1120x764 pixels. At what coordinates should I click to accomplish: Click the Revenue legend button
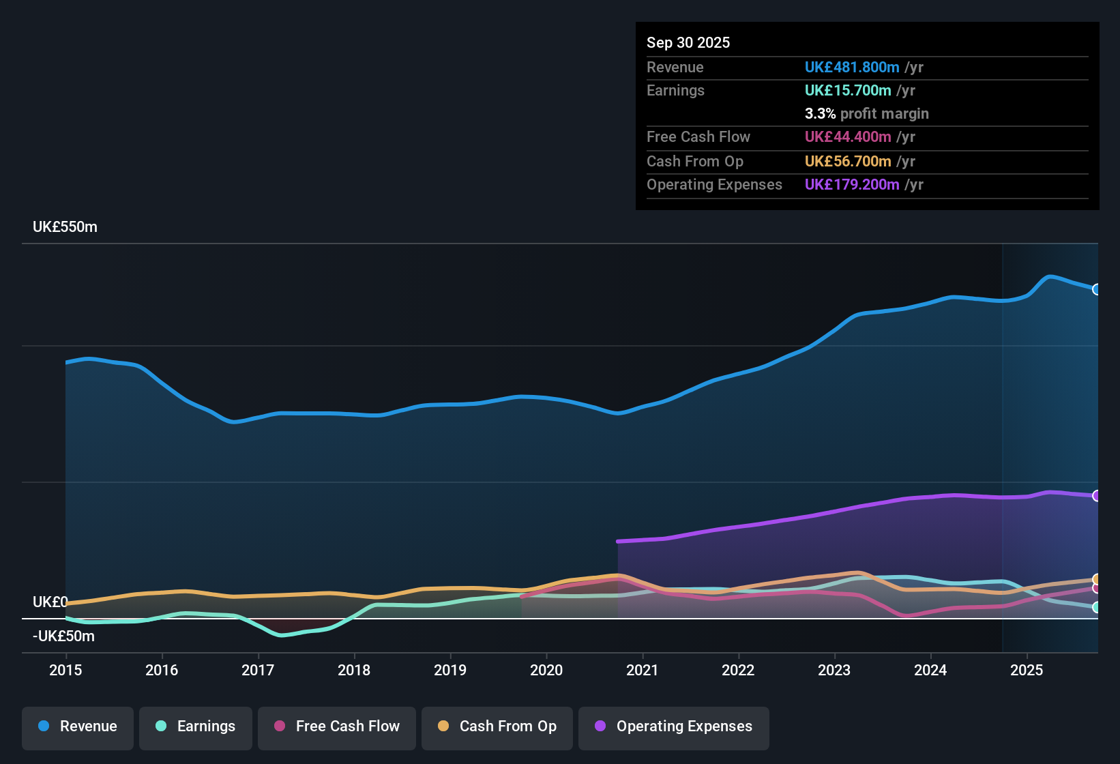tap(78, 726)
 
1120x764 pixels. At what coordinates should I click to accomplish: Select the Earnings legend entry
tap(196, 726)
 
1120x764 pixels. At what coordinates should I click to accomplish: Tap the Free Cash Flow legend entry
tap(337, 726)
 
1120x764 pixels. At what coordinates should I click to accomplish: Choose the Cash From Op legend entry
tap(497, 726)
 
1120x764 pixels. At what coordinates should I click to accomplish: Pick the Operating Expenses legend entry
tap(673, 726)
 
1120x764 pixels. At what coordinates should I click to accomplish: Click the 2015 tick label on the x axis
tap(65, 671)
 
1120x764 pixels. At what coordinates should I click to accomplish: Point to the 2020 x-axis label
tap(546, 671)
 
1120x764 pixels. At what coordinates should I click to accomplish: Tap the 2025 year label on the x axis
tap(1027, 671)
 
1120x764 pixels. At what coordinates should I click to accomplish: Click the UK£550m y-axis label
tap(65, 227)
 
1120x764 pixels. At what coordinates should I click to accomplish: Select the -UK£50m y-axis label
tap(63, 636)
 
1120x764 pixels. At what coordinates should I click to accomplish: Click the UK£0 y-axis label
tap(50, 602)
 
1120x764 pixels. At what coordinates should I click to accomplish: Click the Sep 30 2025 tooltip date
tap(688, 43)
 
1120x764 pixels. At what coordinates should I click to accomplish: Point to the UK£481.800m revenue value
tap(851, 68)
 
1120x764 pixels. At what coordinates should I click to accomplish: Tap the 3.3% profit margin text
tap(866, 114)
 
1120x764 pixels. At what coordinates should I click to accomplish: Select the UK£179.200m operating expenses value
tap(851, 185)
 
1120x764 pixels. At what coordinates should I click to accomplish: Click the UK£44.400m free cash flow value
tap(847, 137)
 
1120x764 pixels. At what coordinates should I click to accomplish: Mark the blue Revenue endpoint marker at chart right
tap(1096, 289)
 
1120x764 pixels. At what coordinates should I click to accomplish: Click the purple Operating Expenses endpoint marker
tap(1096, 496)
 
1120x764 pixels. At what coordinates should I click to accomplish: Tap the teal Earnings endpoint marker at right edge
tap(1096, 607)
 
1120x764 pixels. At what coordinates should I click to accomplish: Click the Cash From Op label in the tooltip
tap(694, 162)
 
